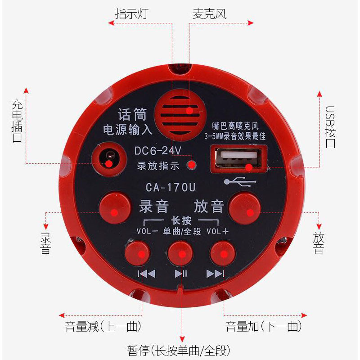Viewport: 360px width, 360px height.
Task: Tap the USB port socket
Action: click(237, 159)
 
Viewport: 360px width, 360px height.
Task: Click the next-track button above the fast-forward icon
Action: click(223, 253)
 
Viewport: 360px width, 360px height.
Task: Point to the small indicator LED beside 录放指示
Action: click(192, 164)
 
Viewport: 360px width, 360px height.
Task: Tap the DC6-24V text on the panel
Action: click(157, 150)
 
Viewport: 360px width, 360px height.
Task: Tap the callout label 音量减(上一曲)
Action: click(103, 326)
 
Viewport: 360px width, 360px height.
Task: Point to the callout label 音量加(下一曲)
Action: click(263, 326)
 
